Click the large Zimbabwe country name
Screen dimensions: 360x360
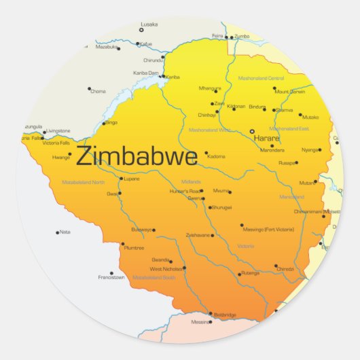point(137,156)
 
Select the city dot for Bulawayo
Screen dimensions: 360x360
point(154,230)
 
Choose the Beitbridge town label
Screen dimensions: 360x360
point(225,314)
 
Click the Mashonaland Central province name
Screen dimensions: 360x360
point(262,78)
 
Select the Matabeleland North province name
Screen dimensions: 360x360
point(84,182)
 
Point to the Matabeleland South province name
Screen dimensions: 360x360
point(154,278)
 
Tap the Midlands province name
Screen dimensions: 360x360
point(191,181)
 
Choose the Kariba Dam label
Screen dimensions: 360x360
point(146,72)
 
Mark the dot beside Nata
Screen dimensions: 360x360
point(58,232)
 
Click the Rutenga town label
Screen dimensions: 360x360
point(250,274)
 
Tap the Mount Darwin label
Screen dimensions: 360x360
point(291,91)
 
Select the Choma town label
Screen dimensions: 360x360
point(98,90)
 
